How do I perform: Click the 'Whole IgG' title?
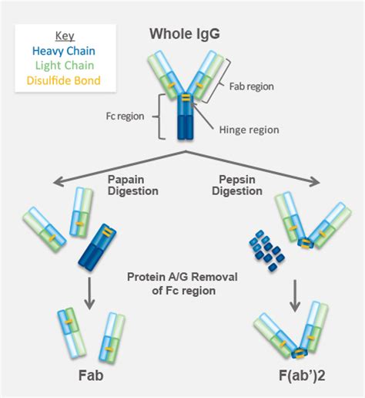pyautogui.click(x=185, y=34)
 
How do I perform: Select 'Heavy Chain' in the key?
pyautogui.click(x=64, y=51)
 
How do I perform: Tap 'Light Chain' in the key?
pyautogui.click(x=65, y=66)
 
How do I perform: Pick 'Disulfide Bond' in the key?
pyautogui.click(x=64, y=80)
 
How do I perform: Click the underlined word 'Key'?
pyautogui.click(x=65, y=36)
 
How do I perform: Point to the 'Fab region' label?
pyautogui.click(x=252, y=86)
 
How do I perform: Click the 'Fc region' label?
pyautogui.click(x=126, y=116)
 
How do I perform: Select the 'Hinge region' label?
pyautogui.click(x=249, y=130)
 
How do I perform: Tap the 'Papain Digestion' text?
pyautogui.click(x=133, y=185)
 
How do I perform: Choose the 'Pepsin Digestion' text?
pyautogui.click(x=237, y=185)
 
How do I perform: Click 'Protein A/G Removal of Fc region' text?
pyautogui.click(x=182, y=284)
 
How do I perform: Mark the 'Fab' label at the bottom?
pyautogui.click(x=91, y=376)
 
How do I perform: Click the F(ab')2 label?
pyautogui.click(x=302, y=376)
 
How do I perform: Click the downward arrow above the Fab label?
pyautogui.click(x=89, y=293)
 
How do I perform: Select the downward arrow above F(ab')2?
pyautogui.click(x=295, y=295)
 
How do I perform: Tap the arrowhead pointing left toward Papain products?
pyautogui.click(x=58, y=182)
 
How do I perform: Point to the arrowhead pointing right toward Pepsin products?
pyautogui.click(x=316, y=182)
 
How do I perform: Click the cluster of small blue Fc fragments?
pyautogui.click(x=267, y=251)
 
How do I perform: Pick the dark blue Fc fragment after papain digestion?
pyautogui.click(x=97, y=247)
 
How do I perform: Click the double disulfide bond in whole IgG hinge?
pyautogui.click(x=186, y=97)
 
